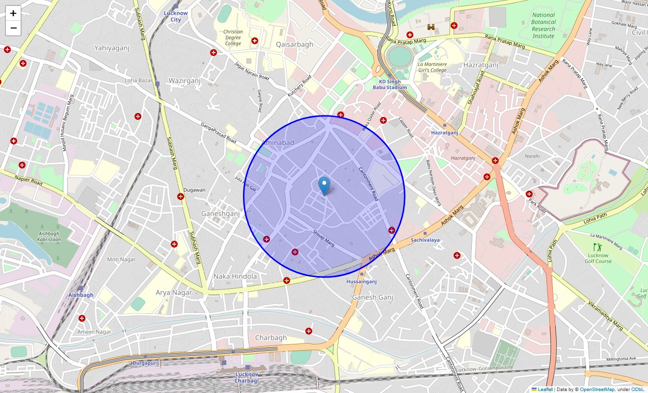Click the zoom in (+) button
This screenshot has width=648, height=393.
click(x=13, y=13)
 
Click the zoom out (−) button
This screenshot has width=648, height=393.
click(x=13, y=28)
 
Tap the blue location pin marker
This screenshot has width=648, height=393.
click(x=324, y=186)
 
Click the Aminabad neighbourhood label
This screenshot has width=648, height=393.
click(x=278, y=142)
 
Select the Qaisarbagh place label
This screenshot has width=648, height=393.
click(x=295, y=45)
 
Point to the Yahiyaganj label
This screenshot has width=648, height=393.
click(x=111, y=48)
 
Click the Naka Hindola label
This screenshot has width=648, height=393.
click(x=235, y=277)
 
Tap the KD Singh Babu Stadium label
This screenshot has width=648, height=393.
click(x=393, y=84)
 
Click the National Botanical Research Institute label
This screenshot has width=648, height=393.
click(x=543, y=26)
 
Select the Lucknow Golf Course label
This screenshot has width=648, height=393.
click(x=598, y=258)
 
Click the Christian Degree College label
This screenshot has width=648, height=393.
click(x=233, y=38)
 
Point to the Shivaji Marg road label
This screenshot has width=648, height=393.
click(x=324, y=238)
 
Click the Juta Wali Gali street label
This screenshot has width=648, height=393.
click(x=245, y=184)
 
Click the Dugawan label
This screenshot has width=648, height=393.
click(x=194, y=190)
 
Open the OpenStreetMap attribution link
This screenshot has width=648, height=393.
click(x=597, y=390)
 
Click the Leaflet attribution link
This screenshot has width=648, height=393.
click(x=545, y=390)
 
